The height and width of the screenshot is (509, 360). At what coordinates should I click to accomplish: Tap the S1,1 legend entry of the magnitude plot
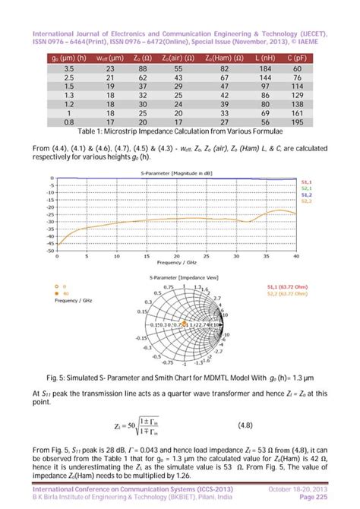(306, 182)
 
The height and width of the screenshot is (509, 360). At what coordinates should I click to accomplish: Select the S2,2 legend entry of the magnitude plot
(306, 201)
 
